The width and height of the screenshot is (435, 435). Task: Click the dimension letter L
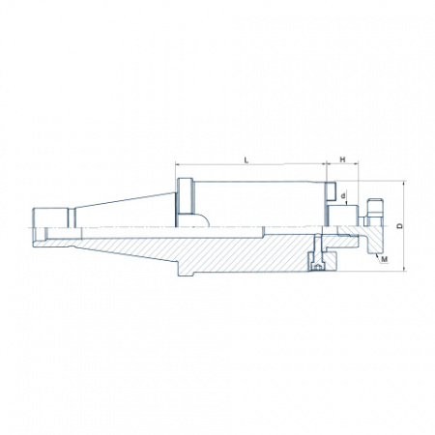246,160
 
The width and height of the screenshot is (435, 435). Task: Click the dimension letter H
342,159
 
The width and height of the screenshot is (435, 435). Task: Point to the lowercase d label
343,195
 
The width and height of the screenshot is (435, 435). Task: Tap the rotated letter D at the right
400,226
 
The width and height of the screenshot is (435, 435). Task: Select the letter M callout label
385,259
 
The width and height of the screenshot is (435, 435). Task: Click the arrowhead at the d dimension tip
346,203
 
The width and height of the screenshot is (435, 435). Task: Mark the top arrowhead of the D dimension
405,183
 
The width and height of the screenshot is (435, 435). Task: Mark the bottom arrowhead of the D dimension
405,269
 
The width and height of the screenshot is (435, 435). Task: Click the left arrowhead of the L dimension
178,164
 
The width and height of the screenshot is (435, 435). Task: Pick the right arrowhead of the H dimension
356,164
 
